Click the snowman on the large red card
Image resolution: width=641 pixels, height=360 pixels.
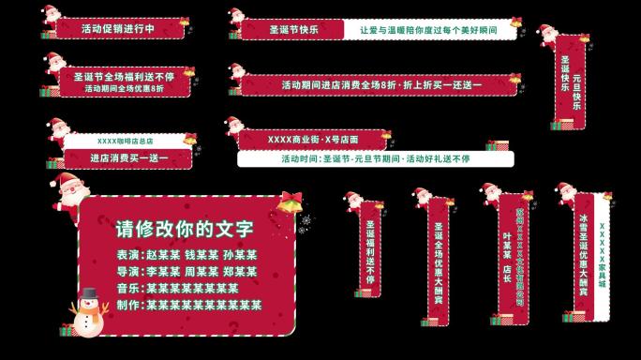[x=88, y=311]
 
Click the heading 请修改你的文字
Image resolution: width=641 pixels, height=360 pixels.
[x=184, y=228]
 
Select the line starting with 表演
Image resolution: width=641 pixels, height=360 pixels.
[x=186, y=255]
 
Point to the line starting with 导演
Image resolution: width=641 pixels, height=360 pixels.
[x=186, y=272]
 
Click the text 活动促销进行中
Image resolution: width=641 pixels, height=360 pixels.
[x=118, y=28]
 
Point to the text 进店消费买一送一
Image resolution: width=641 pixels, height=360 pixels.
[x=129, y=158]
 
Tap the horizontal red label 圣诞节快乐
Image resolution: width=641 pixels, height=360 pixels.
[x=293, y=29]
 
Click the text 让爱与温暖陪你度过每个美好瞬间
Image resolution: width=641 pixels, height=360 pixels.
[x=427, y=29]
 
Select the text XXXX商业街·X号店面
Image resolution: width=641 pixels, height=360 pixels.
[x=311, y=140]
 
